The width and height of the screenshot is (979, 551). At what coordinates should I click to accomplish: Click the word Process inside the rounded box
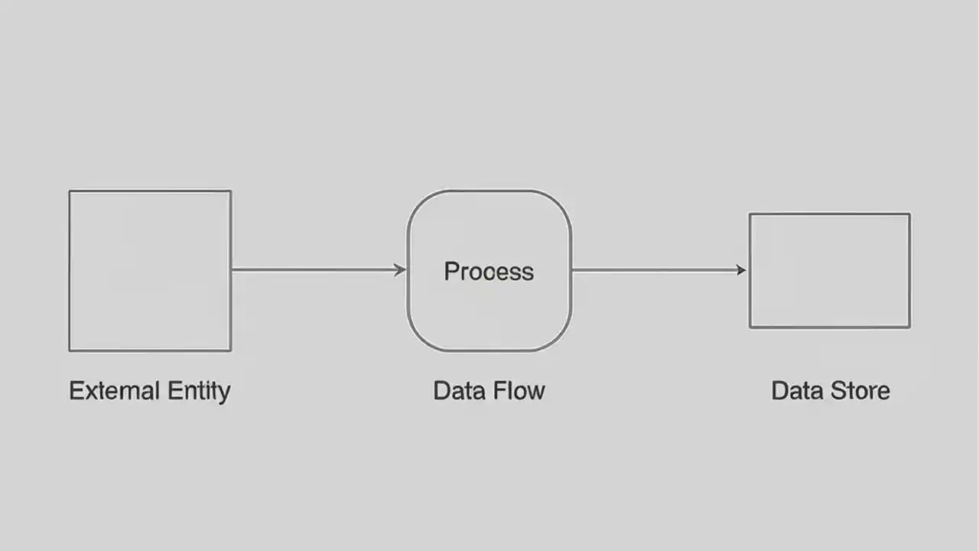pyautogui.click(x=489, y=272)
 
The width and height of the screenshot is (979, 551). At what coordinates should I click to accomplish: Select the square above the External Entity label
pyautogui.click(x=150, y=271)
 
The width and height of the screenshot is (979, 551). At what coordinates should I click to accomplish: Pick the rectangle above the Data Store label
pyautogui.click(x=829, y=271)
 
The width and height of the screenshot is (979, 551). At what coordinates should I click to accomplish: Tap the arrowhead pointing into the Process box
pyautogui.click(x=400, y=269)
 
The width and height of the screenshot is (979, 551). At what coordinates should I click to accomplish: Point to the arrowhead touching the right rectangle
pyautogui.click(x=740, y=269)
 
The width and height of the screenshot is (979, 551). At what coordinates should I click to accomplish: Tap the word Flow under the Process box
pyautogui.click(x=519, y=390)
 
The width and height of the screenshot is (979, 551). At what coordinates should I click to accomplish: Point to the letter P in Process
pyautogui.click(x=450, y=272)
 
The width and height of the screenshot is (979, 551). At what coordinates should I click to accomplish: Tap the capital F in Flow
pyautogui.click(x=498, y=390)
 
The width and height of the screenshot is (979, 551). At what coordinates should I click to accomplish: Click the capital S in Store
pyautogui.click(x=836, y=390)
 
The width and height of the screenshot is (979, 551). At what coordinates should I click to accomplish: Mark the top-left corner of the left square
pyautogui.click(x=70, y=191)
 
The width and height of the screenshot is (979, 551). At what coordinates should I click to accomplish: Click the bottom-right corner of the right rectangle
pyautogui.click(x=909, y=328)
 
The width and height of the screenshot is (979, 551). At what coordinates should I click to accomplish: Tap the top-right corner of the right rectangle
pyautogui.click(x=909, y=214)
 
